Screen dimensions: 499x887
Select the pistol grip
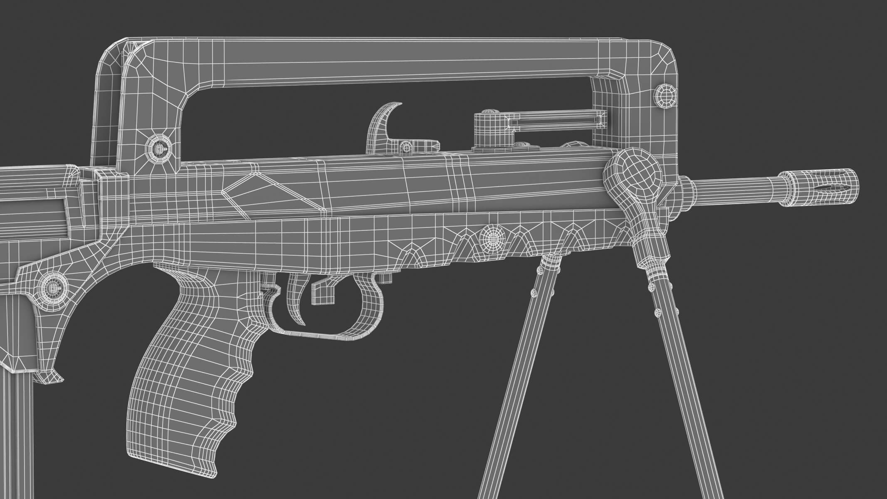click(187, 366)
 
